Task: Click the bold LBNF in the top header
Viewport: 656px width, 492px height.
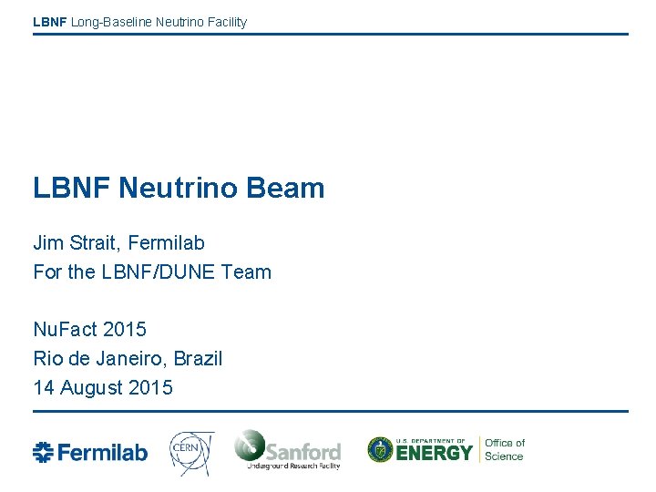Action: (x=49, y=22)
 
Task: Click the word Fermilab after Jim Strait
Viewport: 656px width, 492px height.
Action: (x=167, y=243)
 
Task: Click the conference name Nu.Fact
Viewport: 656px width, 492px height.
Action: (x=64, y=329)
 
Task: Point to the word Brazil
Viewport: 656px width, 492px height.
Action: (x=197, y=358)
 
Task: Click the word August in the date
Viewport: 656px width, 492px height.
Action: (x=90, y=387)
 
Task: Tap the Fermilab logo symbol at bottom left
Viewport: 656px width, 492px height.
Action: (x=43, y=452)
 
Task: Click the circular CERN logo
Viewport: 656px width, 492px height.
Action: (x=191, y=451)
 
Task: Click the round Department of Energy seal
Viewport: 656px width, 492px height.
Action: (x=380, y=450)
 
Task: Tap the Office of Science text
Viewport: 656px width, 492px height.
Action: (x=504, y=450)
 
